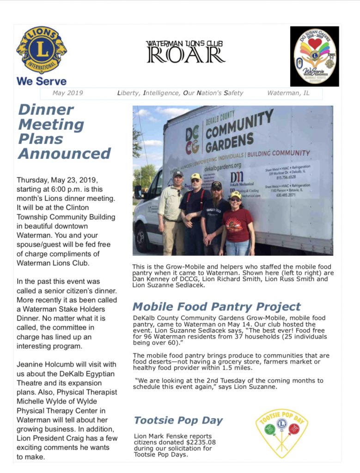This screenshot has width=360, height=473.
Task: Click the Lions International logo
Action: tap(42, 50)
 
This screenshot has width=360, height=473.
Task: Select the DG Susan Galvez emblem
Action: tap(314, 56)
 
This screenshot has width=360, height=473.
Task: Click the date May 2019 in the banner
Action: tap(67, 93)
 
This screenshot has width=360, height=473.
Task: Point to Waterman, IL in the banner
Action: tap(288, 93)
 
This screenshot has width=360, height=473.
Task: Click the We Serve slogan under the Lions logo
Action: tap(41, 81)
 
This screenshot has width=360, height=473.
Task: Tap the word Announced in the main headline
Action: tap(64, 153)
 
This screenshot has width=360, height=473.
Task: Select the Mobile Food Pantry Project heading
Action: tap(216, 307)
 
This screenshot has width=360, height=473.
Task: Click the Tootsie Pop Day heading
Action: tap(178, 420)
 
